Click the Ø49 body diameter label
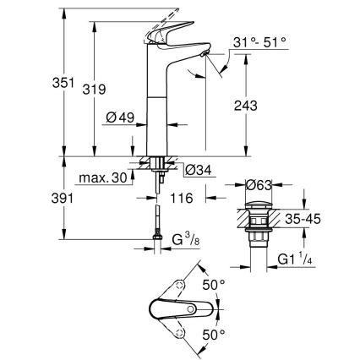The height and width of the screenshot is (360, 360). click(x=122, y=117)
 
